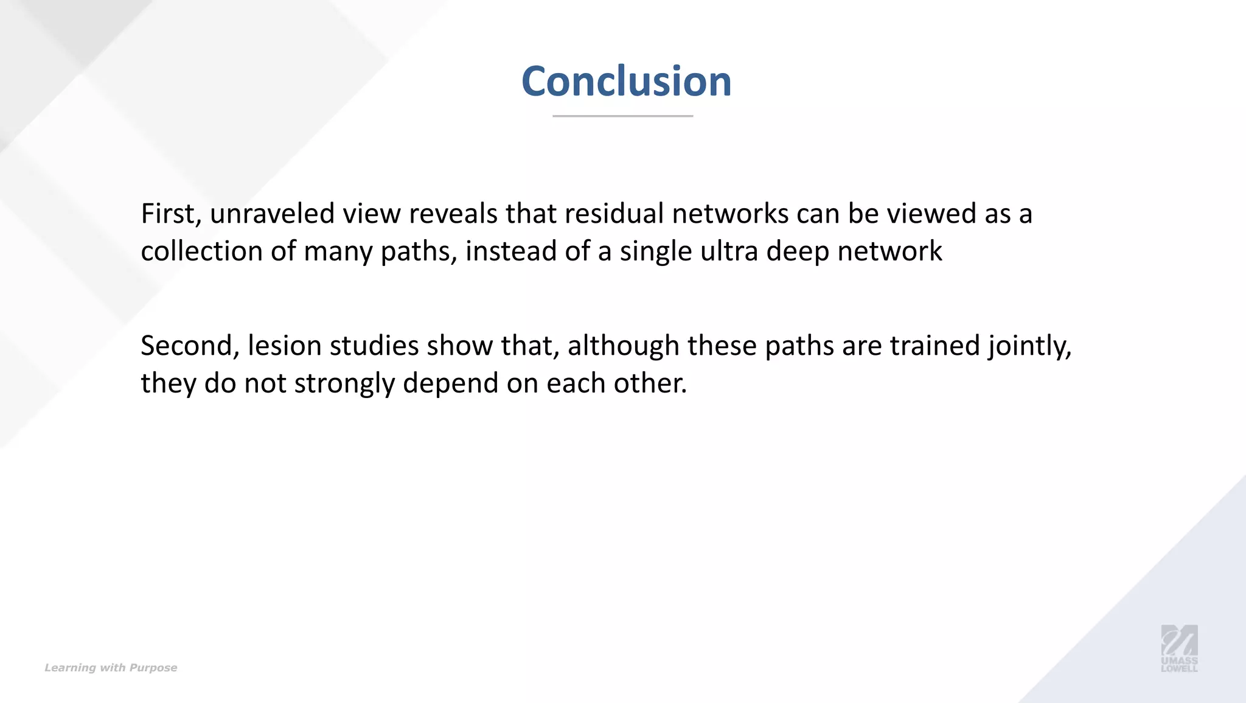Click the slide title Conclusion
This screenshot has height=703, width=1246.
(626, 81)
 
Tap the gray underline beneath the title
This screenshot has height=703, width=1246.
(622, 116)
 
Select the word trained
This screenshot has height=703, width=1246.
(935, 346)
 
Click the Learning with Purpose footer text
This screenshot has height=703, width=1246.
(111, 668)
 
